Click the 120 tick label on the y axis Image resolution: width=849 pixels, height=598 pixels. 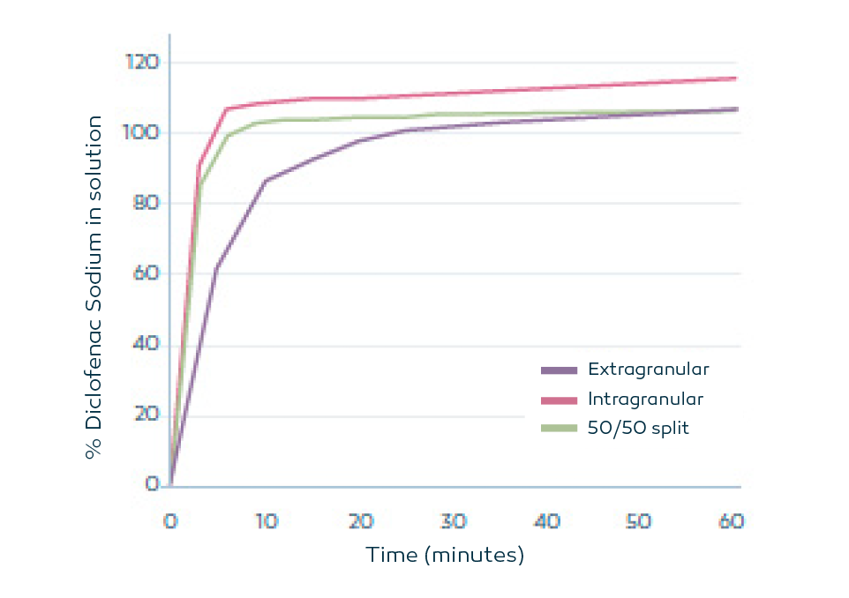(142, 63)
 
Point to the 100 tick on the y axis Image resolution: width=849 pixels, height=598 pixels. (142, 132)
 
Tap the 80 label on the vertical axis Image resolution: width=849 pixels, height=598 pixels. (146, 203)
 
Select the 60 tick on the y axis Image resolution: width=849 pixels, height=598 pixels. (146, 273)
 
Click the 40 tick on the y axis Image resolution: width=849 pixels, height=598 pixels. (146, 344)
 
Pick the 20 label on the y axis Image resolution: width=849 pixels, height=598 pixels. (146, 415)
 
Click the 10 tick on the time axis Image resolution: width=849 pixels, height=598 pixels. (266, 521)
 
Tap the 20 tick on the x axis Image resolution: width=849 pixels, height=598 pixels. (359, 521)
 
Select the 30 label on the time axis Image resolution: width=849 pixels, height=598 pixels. (453, 521)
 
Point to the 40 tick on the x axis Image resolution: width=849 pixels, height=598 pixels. (547, 521)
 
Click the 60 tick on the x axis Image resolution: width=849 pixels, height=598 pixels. (731, 521)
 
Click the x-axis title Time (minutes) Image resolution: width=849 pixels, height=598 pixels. (445, 556)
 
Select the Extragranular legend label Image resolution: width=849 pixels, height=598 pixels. (648, 369)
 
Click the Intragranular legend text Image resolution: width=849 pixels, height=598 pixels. (645, 399)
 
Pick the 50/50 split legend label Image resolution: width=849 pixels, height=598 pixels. (638, 428)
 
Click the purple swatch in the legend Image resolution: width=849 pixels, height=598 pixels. (559, 370)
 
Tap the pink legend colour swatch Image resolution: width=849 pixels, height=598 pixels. (559, 400)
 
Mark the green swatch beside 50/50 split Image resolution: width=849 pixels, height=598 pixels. (559, 429)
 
